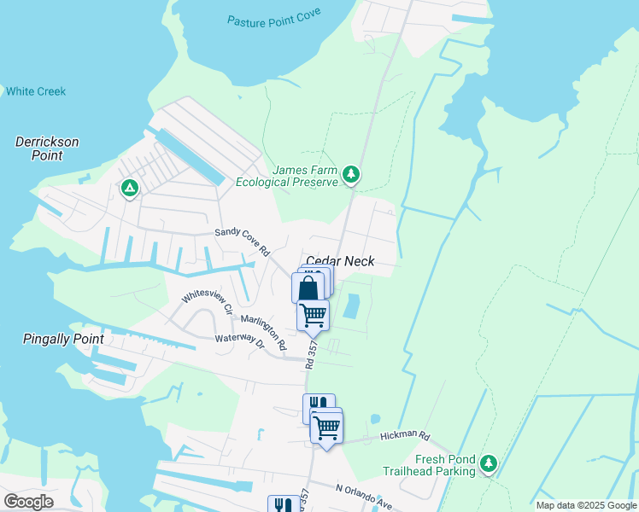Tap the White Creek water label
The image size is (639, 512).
coord(35,91)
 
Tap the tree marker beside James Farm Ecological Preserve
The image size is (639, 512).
coord(350,175)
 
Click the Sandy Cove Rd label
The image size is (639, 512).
coord(242,242)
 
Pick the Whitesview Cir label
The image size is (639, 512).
coord(206,302)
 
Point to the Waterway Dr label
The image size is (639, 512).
coord(240,341)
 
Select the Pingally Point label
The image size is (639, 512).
coord(62,339)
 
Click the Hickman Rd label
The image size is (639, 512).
coord(412,436)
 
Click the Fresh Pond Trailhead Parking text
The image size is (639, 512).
coord(445,465)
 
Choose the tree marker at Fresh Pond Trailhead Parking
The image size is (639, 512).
coord(488,463)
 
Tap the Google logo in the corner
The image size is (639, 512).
coord(28,501)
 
